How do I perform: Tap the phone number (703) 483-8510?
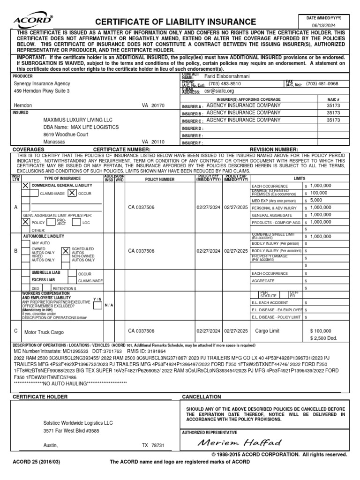coord(225,84)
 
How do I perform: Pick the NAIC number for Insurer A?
coord(333,106)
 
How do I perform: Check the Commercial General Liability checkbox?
coord(25,186)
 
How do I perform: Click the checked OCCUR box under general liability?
coord(72,193)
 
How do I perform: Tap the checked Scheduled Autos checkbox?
coord(66,251)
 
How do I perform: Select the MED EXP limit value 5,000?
coord(317,200)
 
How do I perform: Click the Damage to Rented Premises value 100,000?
coord(319,193)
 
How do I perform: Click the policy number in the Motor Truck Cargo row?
coord(141,331)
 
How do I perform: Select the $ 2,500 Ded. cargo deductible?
coord(323,338)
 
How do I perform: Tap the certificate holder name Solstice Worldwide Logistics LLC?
coord(75,423)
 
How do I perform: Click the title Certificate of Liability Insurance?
coord(176,22)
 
